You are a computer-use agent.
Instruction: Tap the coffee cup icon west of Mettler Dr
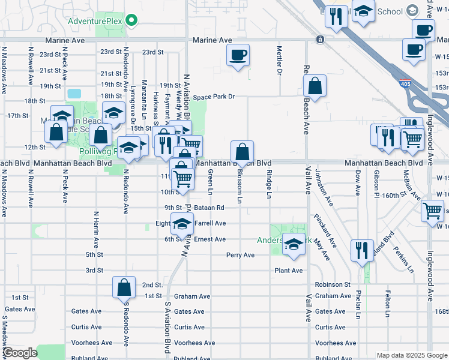238,55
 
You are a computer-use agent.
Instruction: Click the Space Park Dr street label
213,97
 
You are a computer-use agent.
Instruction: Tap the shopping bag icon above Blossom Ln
242,152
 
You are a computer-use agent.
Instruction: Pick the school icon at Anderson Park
294,244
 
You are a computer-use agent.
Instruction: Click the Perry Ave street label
240,255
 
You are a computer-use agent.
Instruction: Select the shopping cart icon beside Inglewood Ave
432,211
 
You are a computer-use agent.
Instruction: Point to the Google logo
19,353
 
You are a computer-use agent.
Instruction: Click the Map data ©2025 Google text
411,355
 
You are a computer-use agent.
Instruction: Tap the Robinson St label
333,284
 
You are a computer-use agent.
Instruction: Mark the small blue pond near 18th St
74,94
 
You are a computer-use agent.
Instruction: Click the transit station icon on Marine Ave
321,40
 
